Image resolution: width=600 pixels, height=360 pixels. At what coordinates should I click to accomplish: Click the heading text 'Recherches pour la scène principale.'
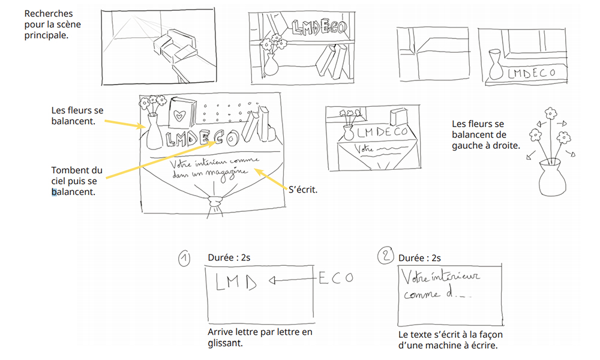coord(53,24)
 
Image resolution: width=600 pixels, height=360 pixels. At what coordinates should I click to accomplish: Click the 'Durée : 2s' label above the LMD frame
coord(230,257)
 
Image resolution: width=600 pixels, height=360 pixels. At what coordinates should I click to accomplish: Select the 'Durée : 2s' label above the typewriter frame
coord(419,258)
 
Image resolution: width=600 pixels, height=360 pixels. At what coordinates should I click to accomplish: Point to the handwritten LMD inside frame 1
coord(235,281)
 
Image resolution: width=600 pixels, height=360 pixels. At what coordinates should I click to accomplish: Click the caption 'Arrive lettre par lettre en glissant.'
coord(260,337)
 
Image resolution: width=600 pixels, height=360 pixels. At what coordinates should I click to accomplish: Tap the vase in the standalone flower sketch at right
coord(550,176)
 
